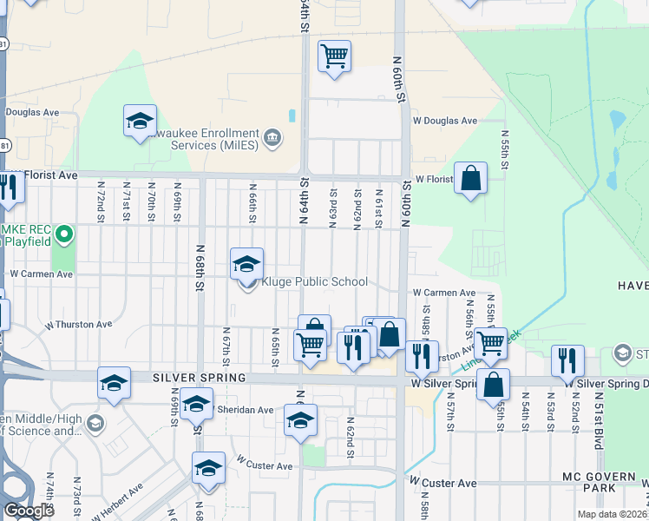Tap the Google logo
point(29,511)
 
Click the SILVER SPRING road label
point(200,379)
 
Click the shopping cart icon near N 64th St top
point(334,57)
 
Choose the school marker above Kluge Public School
point(247,263)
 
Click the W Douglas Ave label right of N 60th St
point(445,121)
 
